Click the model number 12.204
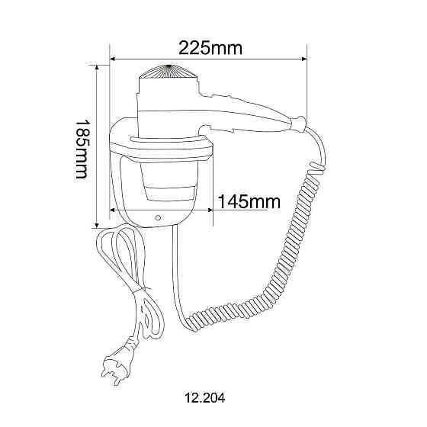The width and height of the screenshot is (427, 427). [205, 397]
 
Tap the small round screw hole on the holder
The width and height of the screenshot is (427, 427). [158, 217]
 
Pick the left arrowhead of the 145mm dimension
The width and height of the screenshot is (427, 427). [114, 210]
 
